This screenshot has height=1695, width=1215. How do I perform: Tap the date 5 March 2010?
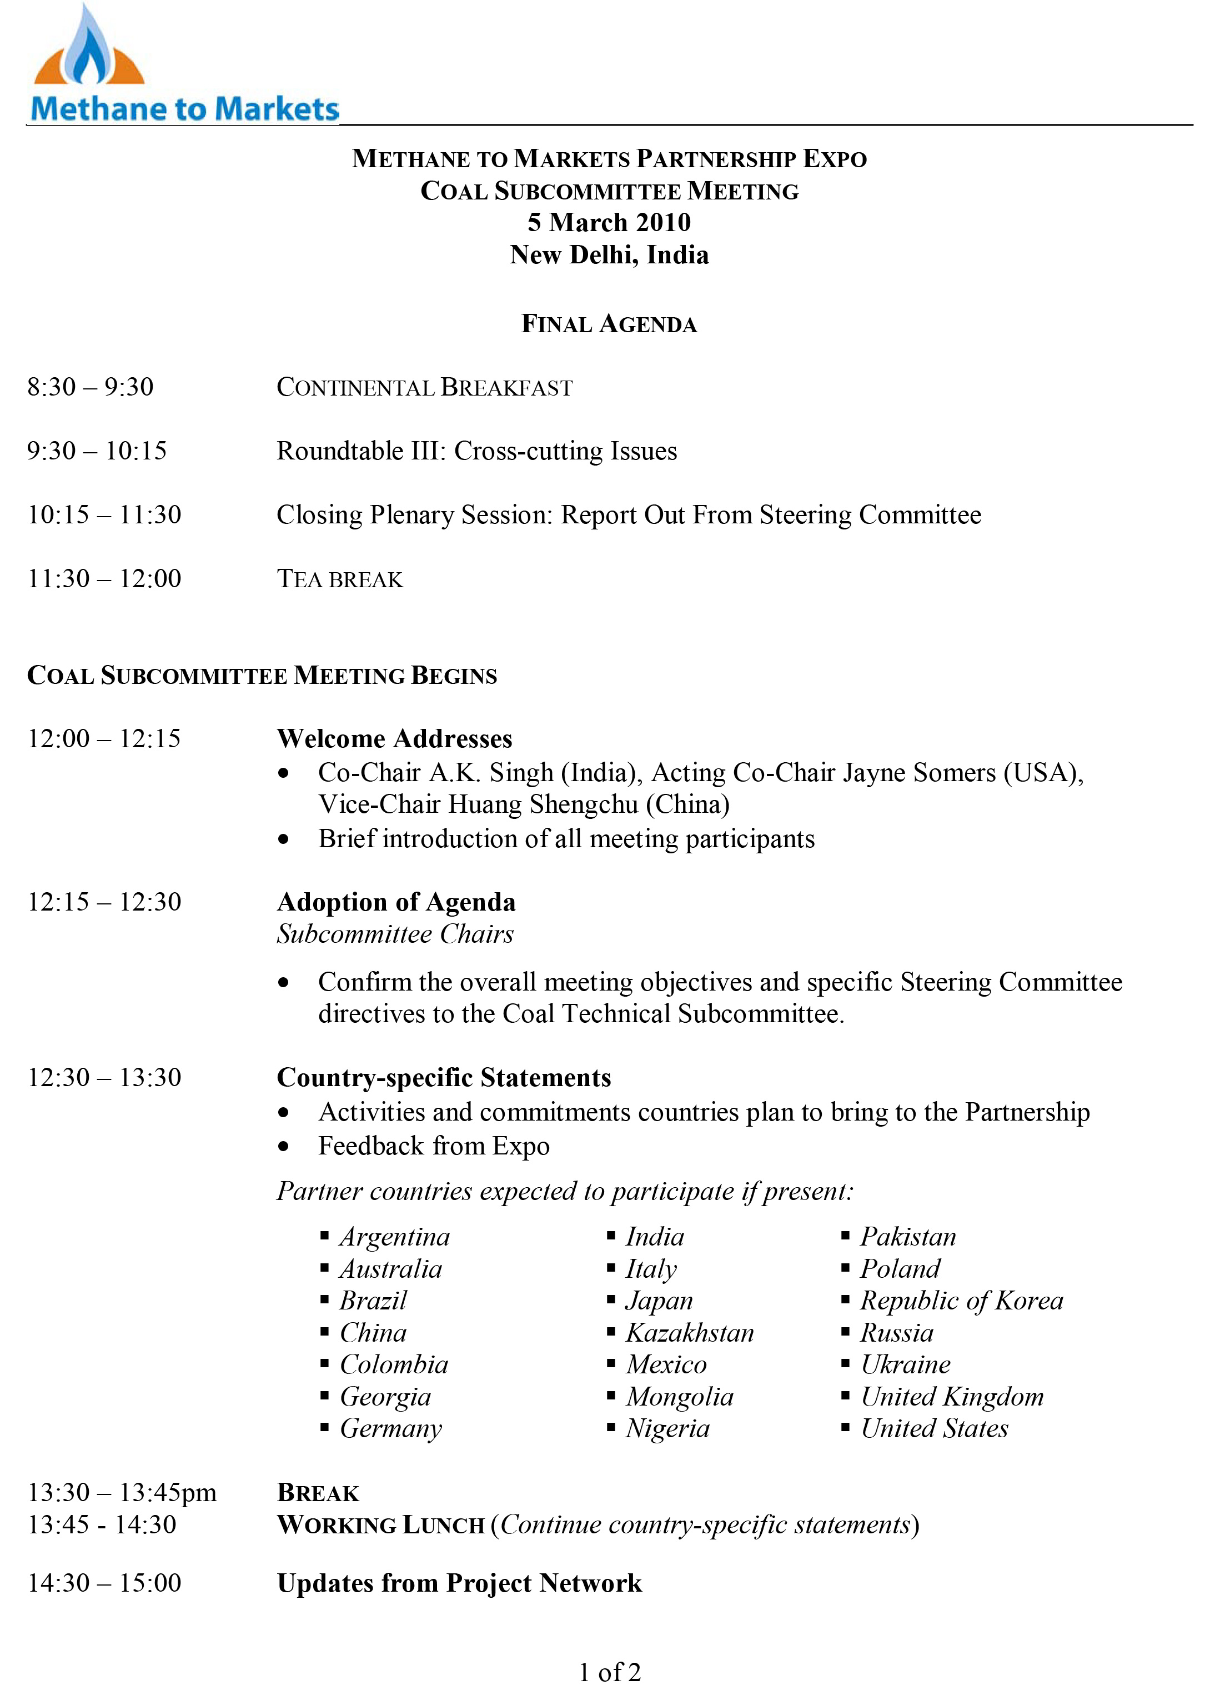[x=609, y=223]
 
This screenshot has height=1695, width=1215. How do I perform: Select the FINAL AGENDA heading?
[x=609, y=324]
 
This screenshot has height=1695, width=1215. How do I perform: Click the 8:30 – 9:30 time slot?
[x=91, y=387]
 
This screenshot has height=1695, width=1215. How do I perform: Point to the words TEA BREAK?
[x=340, y=579]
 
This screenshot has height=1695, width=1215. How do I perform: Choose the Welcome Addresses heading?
[x=394, y=738]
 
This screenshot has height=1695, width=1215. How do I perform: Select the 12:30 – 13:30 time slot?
[x=104, y=1078]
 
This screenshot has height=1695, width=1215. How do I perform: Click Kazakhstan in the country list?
[x=690, y=1333]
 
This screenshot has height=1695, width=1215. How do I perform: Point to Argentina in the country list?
[x=394, y=1237]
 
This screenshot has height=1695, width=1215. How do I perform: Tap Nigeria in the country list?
[x=667, y=1428]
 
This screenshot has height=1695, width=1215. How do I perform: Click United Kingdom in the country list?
[x=952, y=1396]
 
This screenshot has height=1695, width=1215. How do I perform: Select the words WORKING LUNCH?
[x=381, y=1526]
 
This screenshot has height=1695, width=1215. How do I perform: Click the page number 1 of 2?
[x=610, y=1672]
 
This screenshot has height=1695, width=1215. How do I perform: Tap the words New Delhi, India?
[x=609, y=255]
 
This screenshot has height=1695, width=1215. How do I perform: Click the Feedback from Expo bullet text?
[x=433, y=1146]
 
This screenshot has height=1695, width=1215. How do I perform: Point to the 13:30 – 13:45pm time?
[x=122, y=1492]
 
